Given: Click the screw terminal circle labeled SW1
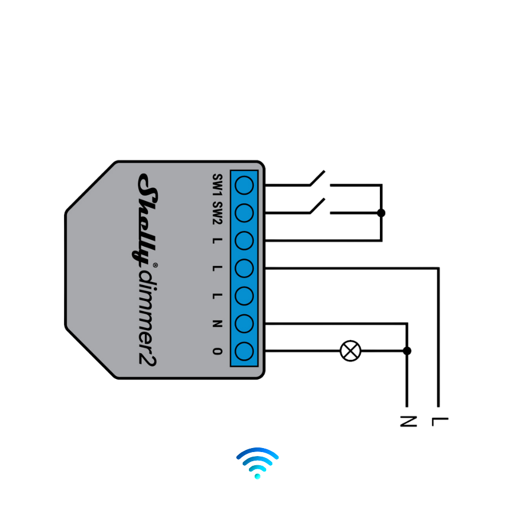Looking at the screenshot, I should coord(244,185).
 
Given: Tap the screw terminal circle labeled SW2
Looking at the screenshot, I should coord(244,213).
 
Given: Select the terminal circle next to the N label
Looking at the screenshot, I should coord(244,323).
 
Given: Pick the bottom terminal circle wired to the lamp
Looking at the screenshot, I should coord(244,351).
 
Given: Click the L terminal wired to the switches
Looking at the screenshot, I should coord(244,240).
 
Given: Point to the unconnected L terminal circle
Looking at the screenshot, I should coord(244,296).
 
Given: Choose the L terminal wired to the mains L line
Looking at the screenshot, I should coord(244,268).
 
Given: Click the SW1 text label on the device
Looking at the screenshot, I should coord(217,185).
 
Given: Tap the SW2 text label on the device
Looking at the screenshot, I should coord(217,213).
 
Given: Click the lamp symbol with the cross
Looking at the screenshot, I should coord(351,351).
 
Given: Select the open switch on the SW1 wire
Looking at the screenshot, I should coord(318,179).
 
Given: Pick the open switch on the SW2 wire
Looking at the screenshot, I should coord(318,207).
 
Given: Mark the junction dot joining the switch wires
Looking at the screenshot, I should coord(381,213).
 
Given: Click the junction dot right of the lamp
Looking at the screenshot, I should coord(407,351).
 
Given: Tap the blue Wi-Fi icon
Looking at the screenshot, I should coord(257,462).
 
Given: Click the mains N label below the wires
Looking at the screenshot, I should coord(407,421).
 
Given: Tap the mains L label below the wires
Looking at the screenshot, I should coord(439,421).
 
